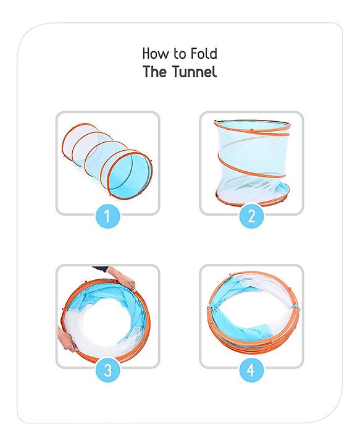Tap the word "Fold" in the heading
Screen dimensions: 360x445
204,53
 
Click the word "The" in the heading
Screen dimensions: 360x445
155,72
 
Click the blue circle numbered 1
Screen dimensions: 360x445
107,216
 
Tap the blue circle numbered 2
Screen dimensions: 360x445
252,216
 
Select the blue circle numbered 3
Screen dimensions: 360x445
107,370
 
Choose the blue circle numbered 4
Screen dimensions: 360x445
252,370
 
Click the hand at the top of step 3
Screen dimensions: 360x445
122,278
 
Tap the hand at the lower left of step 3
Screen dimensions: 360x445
67,339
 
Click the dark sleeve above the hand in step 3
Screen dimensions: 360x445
101,268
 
